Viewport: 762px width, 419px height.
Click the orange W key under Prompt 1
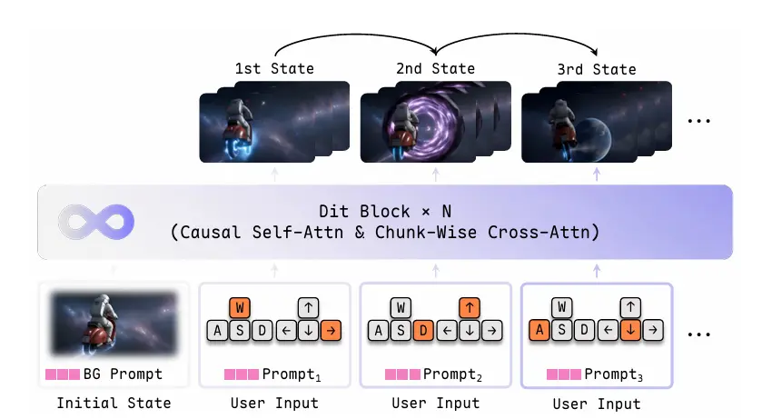[240, 308]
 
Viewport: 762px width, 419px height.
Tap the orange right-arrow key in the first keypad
[331, 331]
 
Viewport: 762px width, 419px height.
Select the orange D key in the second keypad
[423, 331]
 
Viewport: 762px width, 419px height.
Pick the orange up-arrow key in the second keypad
[469, 308]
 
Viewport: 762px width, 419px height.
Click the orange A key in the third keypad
[539, 330]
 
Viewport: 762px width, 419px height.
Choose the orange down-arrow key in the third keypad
[630, 330]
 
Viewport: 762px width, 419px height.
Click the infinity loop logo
[96, 222]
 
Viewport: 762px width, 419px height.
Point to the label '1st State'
[274, 68]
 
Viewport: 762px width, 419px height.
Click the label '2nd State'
[435, 68]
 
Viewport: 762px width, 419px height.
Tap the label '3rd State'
[597, 69]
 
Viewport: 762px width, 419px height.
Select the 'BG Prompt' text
[123, 374]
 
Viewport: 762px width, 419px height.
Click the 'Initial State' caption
[114, 403]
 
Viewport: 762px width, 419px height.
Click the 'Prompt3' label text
[613, 374]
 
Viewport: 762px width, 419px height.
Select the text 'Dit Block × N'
[385, 212]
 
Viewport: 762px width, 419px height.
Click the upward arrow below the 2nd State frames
[436, 175]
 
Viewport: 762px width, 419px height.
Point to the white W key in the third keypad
[562, 307]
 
